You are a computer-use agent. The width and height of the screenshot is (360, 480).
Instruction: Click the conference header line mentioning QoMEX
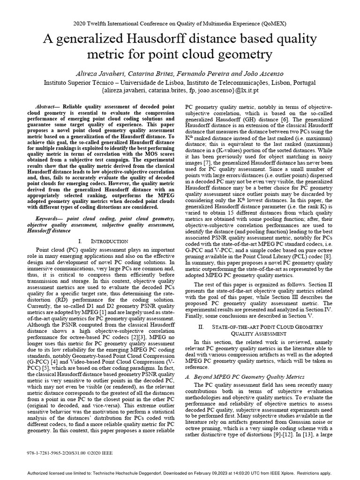(180, 23)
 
